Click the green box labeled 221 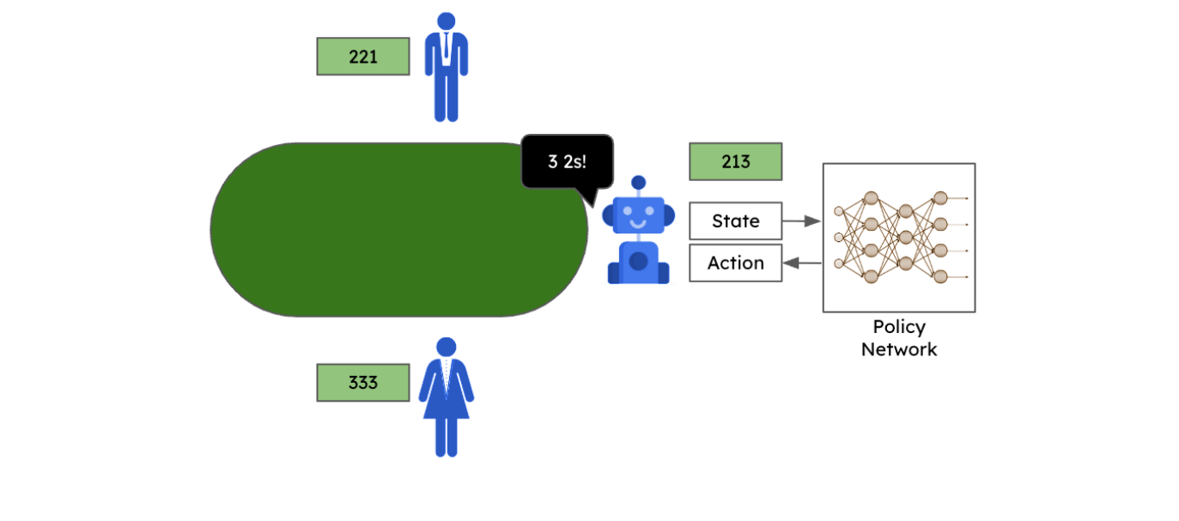[362, 57]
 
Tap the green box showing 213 [735, 161]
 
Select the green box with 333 [362, 383]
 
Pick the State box [735, 221]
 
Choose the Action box [735, 263]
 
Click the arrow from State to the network [802, 221]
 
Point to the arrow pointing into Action [802, 264]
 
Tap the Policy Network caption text [898, 338]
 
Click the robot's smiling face [638, 216]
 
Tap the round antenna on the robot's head [638, 182]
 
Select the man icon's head [446, 21]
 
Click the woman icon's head [446, 347]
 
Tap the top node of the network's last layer [940, 197]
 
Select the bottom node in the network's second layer [870, 276]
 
